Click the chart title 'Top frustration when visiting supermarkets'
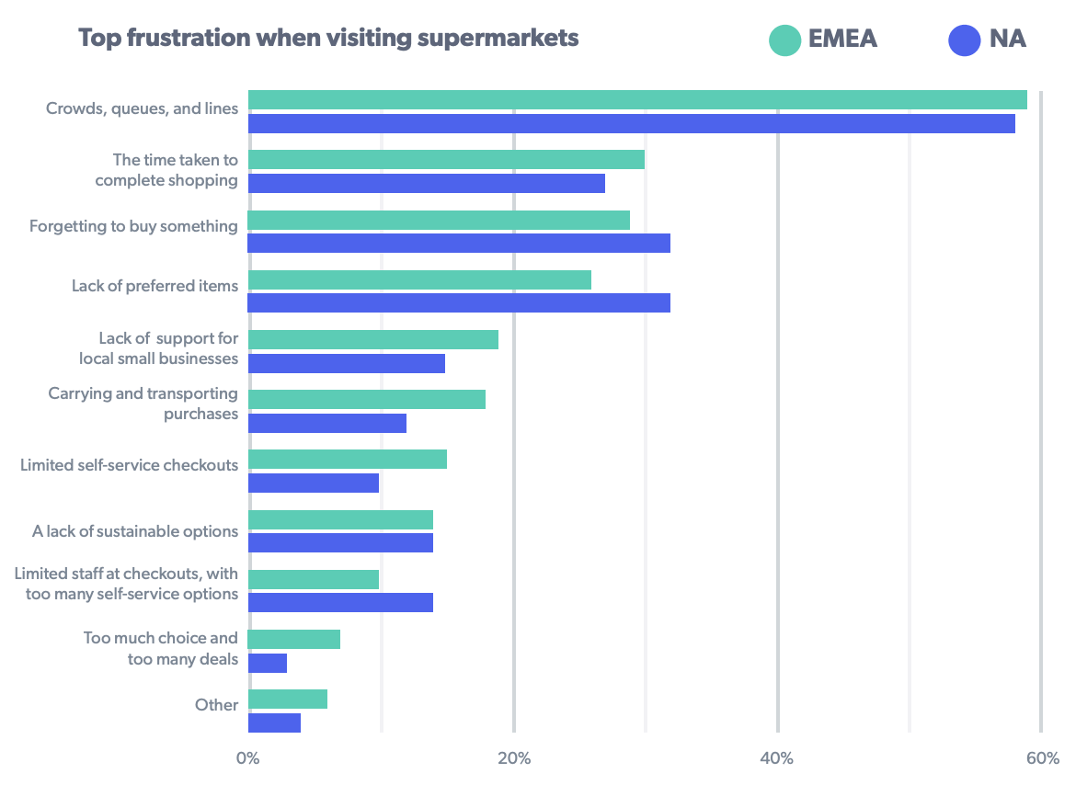pyautogui.click(x=328, y=39)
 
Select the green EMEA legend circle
pyautogui.click(x=784, y=40)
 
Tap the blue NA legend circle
pyautogui.click(x=965, y=40)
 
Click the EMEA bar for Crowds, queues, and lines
pyautogui.click(x=637, y=99)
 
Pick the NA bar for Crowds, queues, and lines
pyautogui.click(x=631, y=123)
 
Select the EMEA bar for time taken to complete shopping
pyautogui.click(x=446, y=160)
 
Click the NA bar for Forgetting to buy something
pyautogui.click(x=459, y=243)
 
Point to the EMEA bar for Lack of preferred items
pyautogui.click(x=419, y=279)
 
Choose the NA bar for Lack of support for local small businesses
pyautogui.click(x=347, y=363)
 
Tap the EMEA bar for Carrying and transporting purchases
pyautogui.click(x=367, y=399)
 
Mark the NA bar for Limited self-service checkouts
pyautogui.click(x=314, y=483)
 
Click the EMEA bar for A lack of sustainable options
pyautogui.click(x=340, y=519)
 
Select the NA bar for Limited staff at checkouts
pyautogui.click(x=340, y=602)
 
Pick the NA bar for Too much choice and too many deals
pyautogui.click(x=268, y=663)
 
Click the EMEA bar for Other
pyautogui.click(x=288, y=699)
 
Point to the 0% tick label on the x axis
pyautogui.click(x=247, y=758)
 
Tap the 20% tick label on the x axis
pyautogui.click(x=514, y=758)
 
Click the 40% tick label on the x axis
pyautogui.click(x=777, y=758)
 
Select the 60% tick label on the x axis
pyautogui.click(x=1042, y=758)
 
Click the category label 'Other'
pyautogui.click(x=217, y=705)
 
